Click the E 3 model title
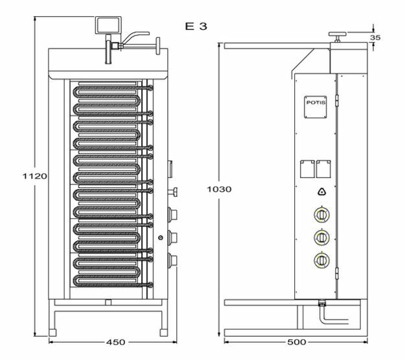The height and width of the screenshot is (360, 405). pos(196,26)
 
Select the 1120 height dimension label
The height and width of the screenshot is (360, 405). pos(34,176)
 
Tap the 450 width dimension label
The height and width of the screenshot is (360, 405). pos(115,342)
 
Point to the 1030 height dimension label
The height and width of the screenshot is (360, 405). pos(219,190)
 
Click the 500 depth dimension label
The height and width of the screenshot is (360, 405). pos(297,342)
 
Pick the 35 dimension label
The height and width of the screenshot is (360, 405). pos(375,38)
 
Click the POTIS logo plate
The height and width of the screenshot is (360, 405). pos(316,107)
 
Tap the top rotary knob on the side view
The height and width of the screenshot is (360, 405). pos(321,215)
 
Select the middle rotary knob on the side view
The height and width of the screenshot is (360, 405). pos(321,238)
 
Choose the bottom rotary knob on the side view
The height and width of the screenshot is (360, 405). pos(321,260)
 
